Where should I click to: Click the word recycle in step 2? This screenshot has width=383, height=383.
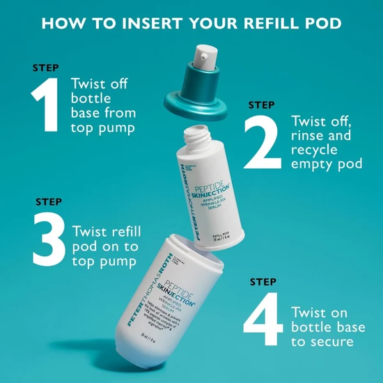tap(315, 150)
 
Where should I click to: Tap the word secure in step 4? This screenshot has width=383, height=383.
tap(330, 341)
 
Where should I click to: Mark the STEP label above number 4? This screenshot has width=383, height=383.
tap(263, 282)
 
